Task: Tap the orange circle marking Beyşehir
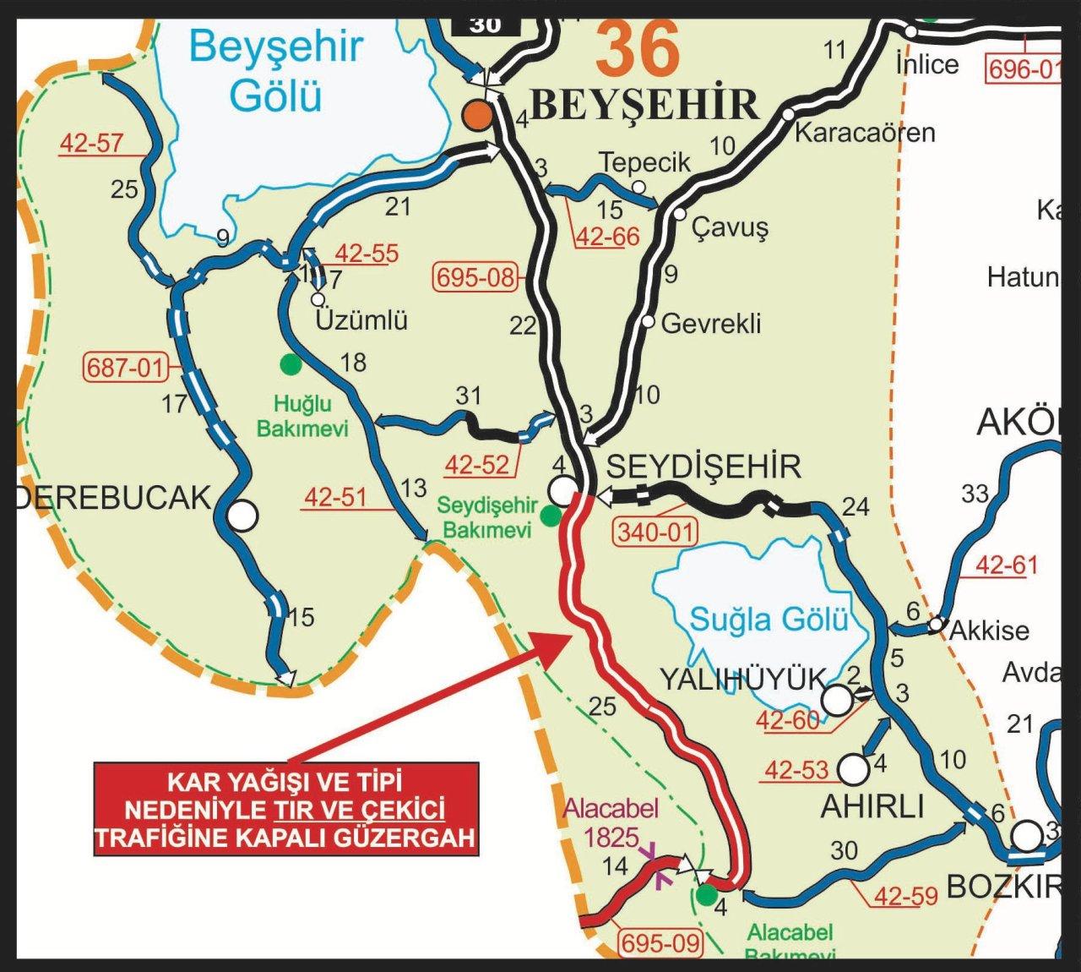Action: pyautogui.click(x=478, y=116)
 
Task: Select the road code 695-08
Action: pyautogui.click(x=475, y=277)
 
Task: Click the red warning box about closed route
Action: pyautogui.click(x=286, y=810)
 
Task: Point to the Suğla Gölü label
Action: pyautogui.click(x=769, y=620)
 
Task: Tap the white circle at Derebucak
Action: pyautogui.click(x=242, y=515)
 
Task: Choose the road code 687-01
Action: pyautogui.click(x=125, y=368)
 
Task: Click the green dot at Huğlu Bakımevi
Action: pyautogui.click(x=291, y=364)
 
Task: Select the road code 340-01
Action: pyautogui.click(x=655, y=532)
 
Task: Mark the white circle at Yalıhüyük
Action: pyautogui.click(x=837, y=700)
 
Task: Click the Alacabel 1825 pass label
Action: pyautogui.click(x=611, y=822)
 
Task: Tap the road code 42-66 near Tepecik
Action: pyautogui.click(x=607, y=237)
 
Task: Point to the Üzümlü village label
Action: pyautogui.click(x=361, y=320)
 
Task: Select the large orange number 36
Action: pyautogui.click(x=638, y=49)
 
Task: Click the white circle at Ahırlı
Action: pyautogui.click(x=854, y=769)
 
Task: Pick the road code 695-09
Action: pyautogui.click(x=660, y=942)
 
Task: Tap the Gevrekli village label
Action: pyautogui.click(x=710, y=323)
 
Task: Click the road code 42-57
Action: pyautogui.click(x=91, y=143)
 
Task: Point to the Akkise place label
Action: pyautogui.click(x=989, y=631)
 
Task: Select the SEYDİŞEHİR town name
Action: pyautogui.click(x=703, y=467)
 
